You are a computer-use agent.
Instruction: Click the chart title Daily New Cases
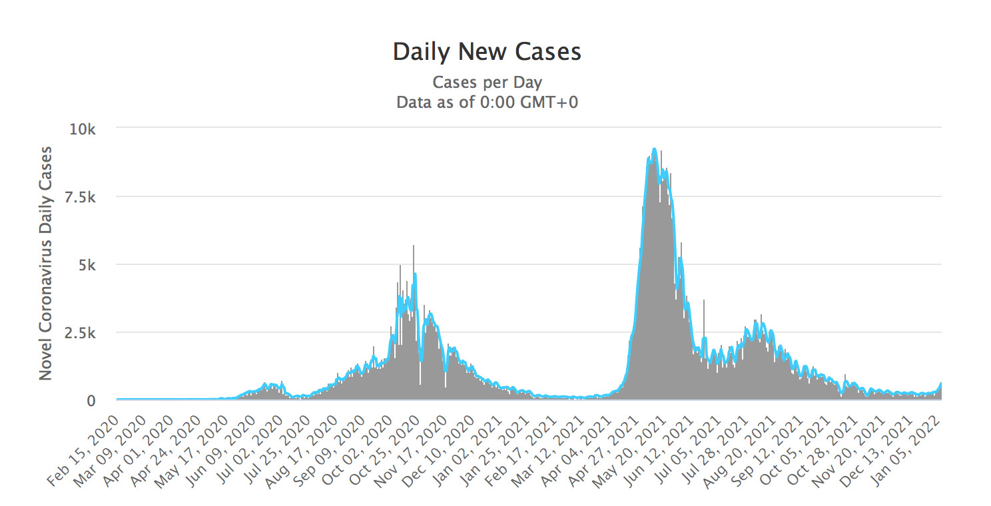tap(487, 52)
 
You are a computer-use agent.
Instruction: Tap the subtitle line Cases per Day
tap(487, 83)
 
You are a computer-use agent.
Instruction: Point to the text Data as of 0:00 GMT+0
tap(487, 103)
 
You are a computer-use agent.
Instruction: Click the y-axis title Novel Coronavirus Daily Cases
tap(45, 263)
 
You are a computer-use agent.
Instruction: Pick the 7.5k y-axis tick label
tap(83, 196)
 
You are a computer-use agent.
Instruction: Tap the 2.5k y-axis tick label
tap(83, 332)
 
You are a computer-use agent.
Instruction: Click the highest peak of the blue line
tap(654, 149)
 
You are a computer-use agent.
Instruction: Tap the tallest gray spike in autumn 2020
tap(414, 246)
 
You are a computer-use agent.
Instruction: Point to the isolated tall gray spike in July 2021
tap(704, 301)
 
